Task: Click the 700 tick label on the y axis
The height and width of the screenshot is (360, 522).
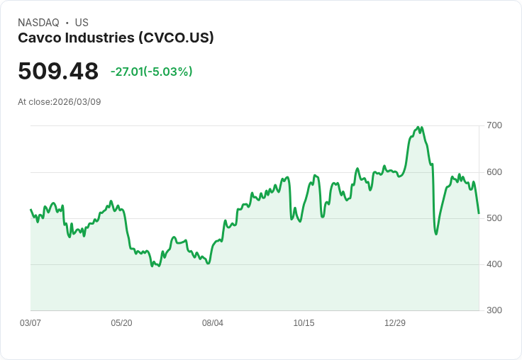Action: click(494, 125)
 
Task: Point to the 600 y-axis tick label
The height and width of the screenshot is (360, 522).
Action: click(494, 172)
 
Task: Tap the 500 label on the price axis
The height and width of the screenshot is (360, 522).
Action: click(494, 218)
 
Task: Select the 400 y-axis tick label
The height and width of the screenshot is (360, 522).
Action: click(494, 264)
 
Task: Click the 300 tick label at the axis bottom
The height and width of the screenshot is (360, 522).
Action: click(494, 310)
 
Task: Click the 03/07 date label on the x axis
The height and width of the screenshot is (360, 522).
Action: click(30, 323)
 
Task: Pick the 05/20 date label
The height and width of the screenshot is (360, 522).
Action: click(121, 323)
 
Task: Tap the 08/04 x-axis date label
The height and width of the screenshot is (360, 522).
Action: click(213, 323)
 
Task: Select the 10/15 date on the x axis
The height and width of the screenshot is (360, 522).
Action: click(304, 323)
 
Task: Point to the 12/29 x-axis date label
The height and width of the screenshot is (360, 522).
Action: click(395, 323)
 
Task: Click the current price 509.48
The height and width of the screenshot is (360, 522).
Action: click(58, 72)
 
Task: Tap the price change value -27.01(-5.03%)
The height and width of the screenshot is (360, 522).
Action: click(151, 72)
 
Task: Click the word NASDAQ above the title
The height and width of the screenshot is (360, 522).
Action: click(38, 23)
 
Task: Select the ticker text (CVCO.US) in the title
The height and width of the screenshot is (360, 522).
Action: click(176, 38)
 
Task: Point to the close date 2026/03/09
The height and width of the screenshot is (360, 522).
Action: click(77, 102)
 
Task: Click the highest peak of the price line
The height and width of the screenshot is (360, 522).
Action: click(417, 128)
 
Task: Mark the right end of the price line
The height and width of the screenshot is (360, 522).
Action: click(479, 213)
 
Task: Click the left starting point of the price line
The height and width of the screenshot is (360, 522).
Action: click(30, 209)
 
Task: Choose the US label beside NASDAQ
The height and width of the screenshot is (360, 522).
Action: click(82, 23)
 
